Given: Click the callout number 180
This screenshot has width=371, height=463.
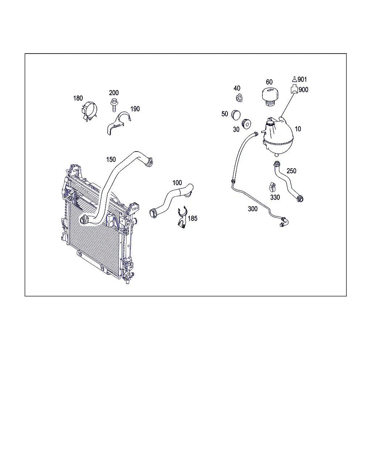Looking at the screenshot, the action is (x=78, y=98).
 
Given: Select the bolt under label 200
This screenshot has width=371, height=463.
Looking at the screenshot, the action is (x=114, y=105).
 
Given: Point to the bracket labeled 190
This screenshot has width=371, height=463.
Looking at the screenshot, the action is (x=118, y=123).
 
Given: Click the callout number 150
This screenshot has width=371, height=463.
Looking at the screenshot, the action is (x=111, y=160).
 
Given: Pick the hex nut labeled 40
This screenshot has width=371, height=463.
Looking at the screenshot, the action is (x=239, y=98).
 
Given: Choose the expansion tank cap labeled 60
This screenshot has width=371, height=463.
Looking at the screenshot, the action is (x=270, y=96).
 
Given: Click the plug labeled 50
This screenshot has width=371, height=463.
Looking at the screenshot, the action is (x=235, y=115).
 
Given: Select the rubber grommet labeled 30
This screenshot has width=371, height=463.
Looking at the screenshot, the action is (x=246, y=124).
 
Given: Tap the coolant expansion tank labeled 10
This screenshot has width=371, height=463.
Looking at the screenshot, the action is (x=278, y=137).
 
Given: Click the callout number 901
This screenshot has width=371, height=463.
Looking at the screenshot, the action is (x=302, y=79).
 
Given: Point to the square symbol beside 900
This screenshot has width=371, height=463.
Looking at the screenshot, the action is (x=294, y=89).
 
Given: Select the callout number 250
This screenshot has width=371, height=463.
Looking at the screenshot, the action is (x=291, y=171).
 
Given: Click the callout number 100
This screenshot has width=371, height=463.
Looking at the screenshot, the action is (x=177, y=183).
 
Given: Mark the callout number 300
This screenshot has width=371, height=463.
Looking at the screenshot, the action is (x=253, y=209).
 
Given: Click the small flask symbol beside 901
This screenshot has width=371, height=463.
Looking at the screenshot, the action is (x=295, y=79).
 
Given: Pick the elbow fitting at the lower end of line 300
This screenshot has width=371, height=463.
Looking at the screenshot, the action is (x=284, y=222).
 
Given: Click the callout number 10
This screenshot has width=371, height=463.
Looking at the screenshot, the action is (x=298, y=129).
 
